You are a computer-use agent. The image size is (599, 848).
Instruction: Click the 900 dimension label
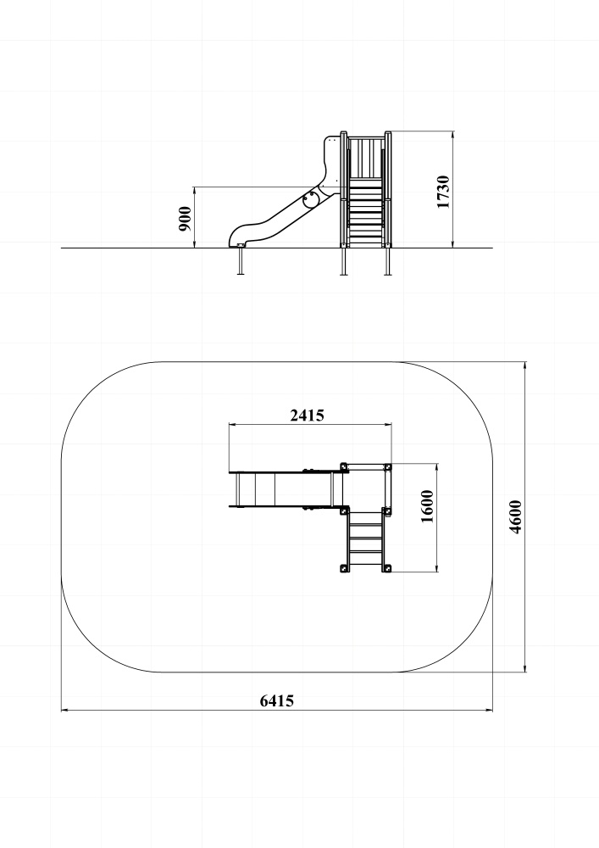tap(185, 219)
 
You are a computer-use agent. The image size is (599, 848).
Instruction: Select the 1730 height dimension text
tap(443, 192)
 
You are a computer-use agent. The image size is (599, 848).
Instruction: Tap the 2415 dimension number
tap(308, 416)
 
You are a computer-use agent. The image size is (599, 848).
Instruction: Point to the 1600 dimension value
tap(427, 506)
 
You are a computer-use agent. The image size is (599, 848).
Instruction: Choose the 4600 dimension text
tap(516, 517)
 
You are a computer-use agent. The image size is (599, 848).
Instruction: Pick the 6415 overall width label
tap(277, 701)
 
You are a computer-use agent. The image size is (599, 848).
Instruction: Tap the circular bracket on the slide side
tap(311, 198)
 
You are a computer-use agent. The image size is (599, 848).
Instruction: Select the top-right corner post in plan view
tap(387, 466)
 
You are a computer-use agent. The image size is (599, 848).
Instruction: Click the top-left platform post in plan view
tap(343, 466)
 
